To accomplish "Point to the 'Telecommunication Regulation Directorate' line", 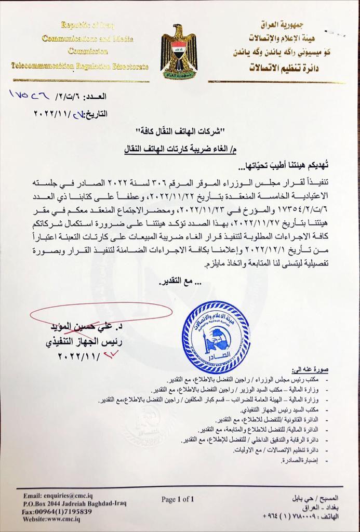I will pyautogui.click(x=79, y=66).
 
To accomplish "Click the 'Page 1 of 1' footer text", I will pyautogui.click(x=178, y=499).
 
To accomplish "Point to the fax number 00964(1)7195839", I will pyautogui.click(x=57, y=511).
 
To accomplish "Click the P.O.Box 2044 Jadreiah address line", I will pyautogui.click(x=73, y=504).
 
